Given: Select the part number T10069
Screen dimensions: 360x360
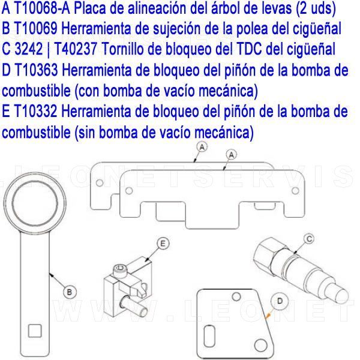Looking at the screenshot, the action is click(x=35, y=29).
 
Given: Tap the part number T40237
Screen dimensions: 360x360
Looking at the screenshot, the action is click(x=76, y=49).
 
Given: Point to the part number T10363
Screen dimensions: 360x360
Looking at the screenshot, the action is click(x=36, y=70).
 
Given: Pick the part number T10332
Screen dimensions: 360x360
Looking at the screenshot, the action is click(x=35, y=111).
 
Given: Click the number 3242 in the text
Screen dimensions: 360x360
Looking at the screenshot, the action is click(x=29, y=49).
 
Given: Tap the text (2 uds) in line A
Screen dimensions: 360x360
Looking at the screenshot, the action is click(x=316, y=9).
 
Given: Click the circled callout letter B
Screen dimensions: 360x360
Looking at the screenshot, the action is click(x=70, y=292).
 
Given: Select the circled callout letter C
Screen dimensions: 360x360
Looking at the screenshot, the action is click(x=309, y=239).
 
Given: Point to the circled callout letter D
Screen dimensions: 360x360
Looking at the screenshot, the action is click(x=280, y=301).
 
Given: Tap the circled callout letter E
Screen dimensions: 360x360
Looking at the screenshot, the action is click(x=163, y=244).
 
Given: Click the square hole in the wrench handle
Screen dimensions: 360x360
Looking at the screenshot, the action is click(x=35, y=331).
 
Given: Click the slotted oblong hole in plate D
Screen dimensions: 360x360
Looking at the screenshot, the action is click(x=209, y=336).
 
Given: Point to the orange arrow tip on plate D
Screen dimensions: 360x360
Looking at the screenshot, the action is click(x=266, y=318).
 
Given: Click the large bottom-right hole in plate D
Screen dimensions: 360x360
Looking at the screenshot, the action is click(x=261, y=345).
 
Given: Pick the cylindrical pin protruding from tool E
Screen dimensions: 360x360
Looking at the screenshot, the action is click(x=136, y=306).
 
